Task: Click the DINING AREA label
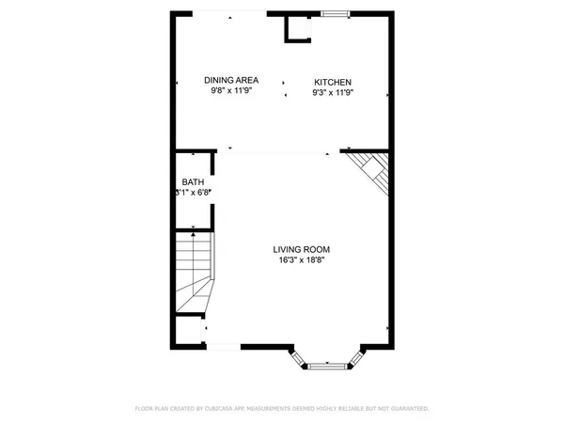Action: pos(231,80)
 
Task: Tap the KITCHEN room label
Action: pos(333,82)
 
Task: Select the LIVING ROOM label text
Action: pos(302,249)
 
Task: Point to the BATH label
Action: pos(193,181)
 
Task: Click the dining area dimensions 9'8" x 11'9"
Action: pos(231,92)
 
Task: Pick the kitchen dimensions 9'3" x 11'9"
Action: pos(333,93)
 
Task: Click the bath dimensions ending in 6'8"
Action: pos(194,193)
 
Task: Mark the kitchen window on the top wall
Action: pos(334,13)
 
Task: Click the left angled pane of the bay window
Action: pos(297,357)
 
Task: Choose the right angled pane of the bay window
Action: pos(357,357)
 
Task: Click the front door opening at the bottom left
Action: pos(222,347)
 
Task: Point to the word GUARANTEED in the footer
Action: pos(409,409)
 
